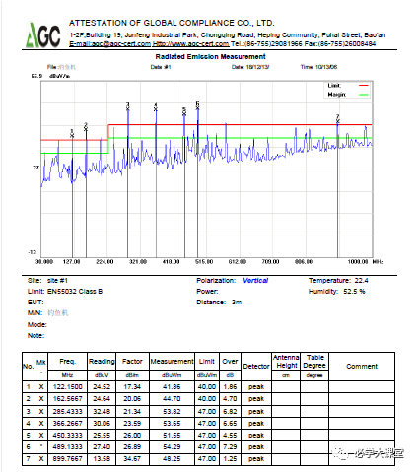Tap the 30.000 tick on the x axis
(x=43, y=262)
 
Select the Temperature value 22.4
(x=361, y=281)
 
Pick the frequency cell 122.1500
(x=67, y=386)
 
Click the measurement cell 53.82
(x=172, y=408)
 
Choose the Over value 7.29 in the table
(x=230, y=446)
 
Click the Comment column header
(x=361, y=366)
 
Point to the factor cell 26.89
(x=132, y=446)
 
